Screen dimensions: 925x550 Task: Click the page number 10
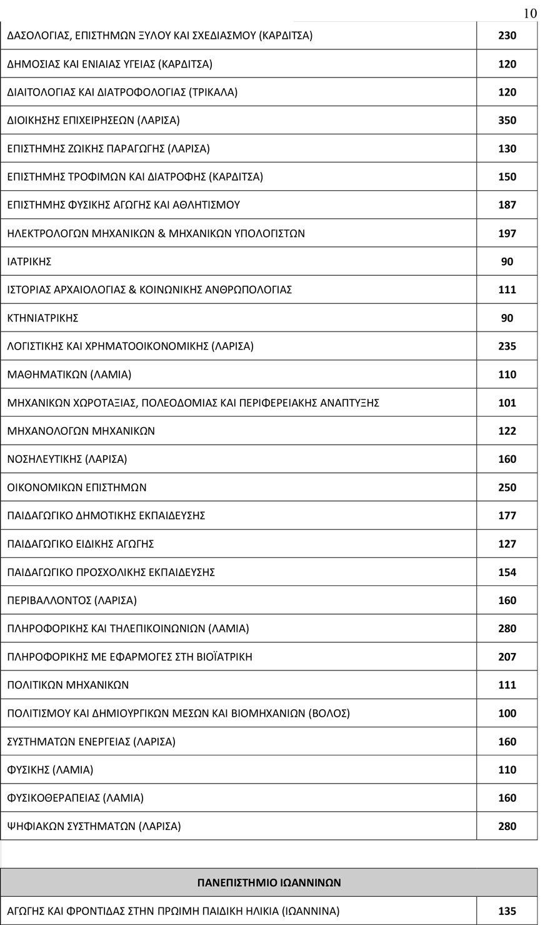click(x=529, y=13)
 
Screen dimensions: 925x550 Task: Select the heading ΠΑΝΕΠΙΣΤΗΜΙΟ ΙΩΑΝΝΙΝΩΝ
click(x=269, y=882)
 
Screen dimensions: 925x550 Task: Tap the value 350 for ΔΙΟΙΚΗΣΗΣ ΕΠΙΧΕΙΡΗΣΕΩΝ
click(x=507, y=120)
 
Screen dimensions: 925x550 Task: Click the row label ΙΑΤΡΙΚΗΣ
click(x=29, y=261)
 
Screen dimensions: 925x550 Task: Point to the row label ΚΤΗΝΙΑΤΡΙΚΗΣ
click(x=42, y=318)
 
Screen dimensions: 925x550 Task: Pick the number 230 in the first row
click(x=507, y=36)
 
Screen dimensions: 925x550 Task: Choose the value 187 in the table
click(x=507, y=205)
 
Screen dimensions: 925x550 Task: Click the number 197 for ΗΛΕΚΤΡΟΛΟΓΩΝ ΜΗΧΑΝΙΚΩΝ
click(x=507, y=233)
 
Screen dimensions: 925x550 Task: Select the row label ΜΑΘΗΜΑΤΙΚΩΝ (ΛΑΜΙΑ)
click(x=69, y=374)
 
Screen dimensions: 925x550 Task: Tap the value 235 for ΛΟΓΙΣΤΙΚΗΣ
click(x=507, y=346)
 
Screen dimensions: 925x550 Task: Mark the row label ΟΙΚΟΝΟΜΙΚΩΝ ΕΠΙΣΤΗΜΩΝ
click(x=77, y=487)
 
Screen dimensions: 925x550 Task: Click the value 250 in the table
click(x=507, y=487)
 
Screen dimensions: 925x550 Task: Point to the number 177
click(x=507, y=515)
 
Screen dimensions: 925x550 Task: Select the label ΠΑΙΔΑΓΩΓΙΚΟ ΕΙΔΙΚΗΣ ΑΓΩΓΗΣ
click(x=81, y=543)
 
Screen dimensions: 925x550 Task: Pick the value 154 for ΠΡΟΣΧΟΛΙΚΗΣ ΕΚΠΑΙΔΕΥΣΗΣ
click(x=507, y=572)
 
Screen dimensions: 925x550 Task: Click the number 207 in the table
click(x=507, y=657)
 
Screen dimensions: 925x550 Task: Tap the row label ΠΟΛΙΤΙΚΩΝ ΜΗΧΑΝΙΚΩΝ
click(x=68, y=685)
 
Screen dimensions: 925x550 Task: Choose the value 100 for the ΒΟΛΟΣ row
click(x=507, y=713)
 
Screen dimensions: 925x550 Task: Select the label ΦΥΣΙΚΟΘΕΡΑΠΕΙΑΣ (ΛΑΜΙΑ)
click(x=76, y=797)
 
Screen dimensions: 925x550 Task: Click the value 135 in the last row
click(x=507, y=911)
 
